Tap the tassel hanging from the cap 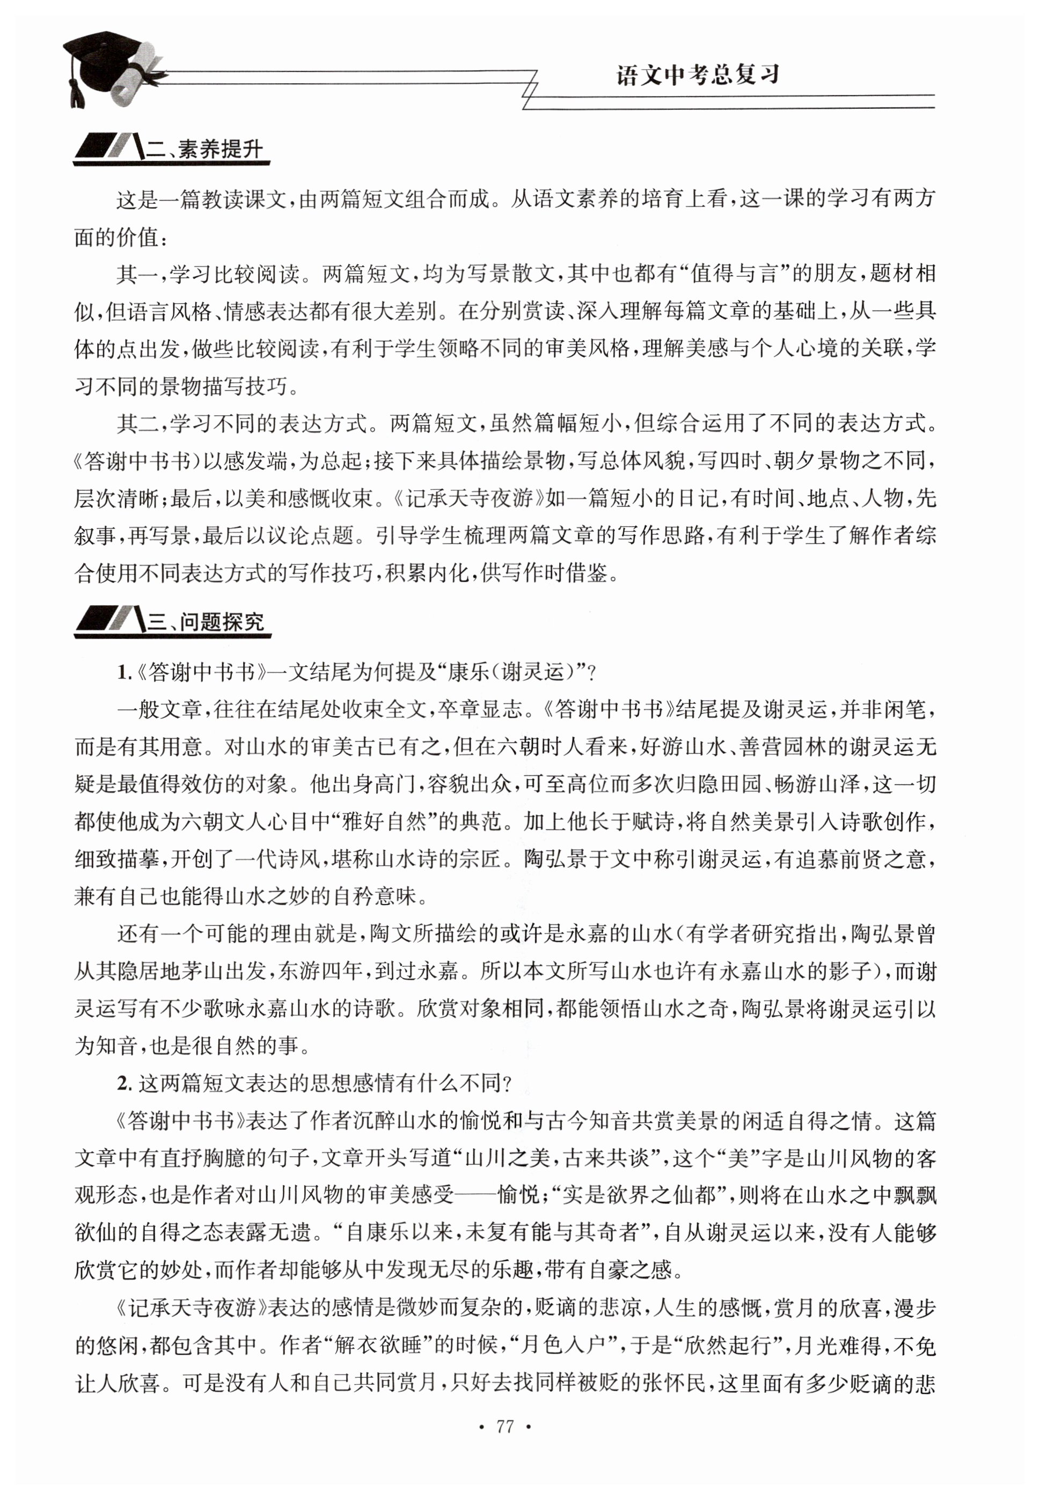point(76,91)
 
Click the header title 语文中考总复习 point(698,76)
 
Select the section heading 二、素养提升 point(204,150)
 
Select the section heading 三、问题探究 point(205,622)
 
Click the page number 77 point(505,1427)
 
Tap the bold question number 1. point(121,672)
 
